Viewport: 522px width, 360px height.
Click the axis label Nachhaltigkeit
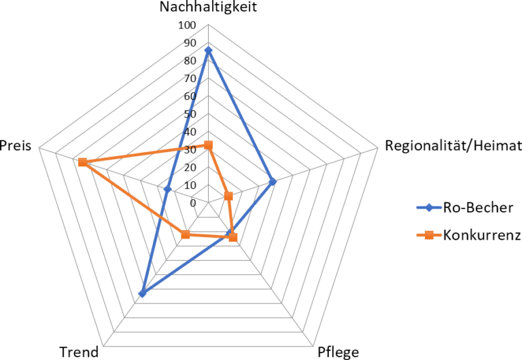pyautogui.click(x=209, y=7)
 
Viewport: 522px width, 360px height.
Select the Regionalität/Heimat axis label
pyautogui.click(x=453, y=145)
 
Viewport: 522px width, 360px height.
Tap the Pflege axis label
pyautogui.click(x=338, y=352)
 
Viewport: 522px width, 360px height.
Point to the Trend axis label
pyautogui.click(x=79, y=352)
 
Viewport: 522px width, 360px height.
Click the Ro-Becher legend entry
pyautogui.click(x=476, y=207)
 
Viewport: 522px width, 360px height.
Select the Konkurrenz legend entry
pyautogui.click(x=481, y=236)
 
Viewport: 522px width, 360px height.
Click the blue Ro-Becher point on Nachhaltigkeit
pyautogui.click(x=208, y=51)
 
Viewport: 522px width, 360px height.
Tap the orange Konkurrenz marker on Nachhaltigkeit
pyautogui.click(x=209, y=145)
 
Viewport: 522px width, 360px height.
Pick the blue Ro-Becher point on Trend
pyautogui.click(x=142, y=293)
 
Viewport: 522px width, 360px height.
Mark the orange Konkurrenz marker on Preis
pyautogui.click(x=82, y=162)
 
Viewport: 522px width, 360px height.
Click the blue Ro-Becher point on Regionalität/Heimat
pyautogui.click(x=272, y=182)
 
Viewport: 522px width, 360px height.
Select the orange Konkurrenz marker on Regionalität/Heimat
pyautogui.click(x=228, y=197)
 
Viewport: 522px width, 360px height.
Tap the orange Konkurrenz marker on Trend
pyautogui.click(x=186, y=235)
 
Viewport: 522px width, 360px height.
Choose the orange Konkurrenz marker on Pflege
pyautogui.click(x=233, y=237)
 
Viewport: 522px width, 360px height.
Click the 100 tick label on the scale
pyautogui.click(x=187, y=26)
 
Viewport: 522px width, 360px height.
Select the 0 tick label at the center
pyautogui.click(x=193, y=202)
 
